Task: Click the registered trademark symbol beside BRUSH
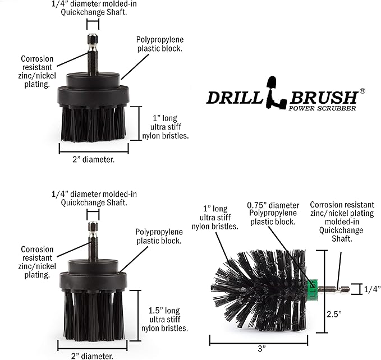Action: point(362,90)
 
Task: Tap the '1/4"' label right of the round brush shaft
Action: point(372,289)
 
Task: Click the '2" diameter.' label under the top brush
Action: point(93,159)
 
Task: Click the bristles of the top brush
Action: point(93,123)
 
